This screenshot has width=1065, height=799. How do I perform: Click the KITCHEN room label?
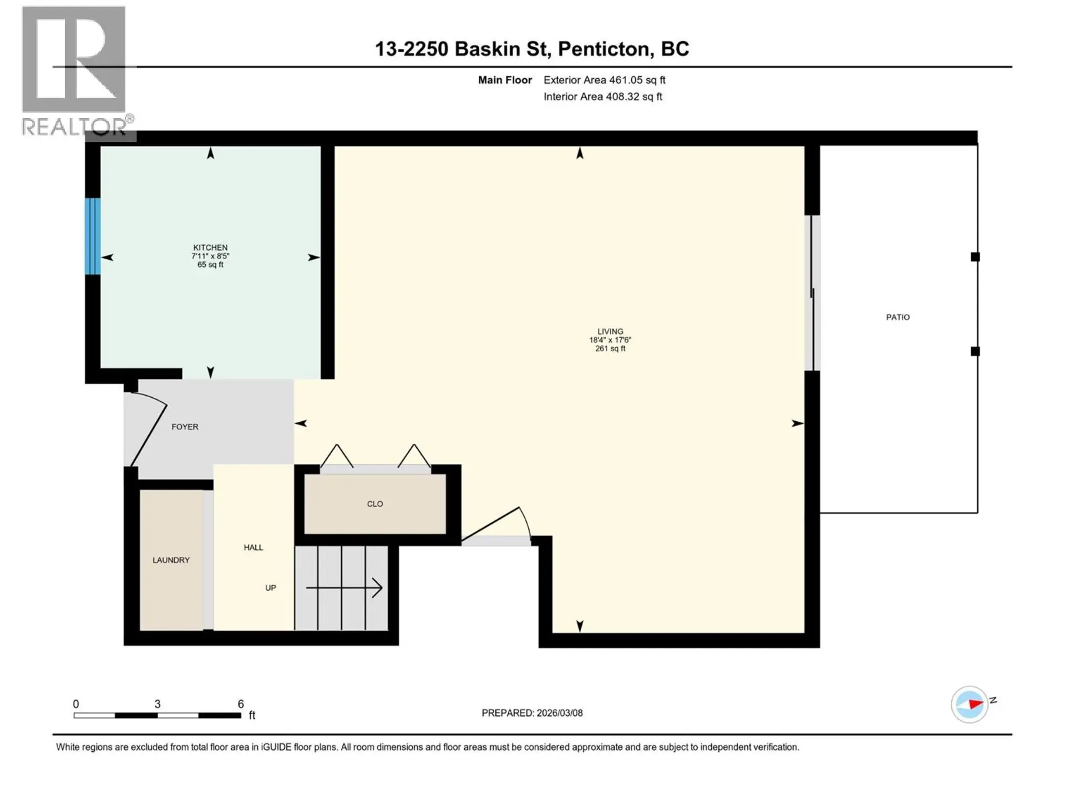210,248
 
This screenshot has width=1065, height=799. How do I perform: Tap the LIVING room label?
610,332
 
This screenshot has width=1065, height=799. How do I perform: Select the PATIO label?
897,317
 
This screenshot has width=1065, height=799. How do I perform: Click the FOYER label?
185,427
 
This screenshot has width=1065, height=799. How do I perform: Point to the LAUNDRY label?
171,560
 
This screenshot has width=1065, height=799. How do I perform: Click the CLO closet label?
375,504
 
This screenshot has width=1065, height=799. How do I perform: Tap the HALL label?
253,548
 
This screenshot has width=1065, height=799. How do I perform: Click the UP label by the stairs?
271,588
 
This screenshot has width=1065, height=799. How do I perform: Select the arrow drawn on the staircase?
344,588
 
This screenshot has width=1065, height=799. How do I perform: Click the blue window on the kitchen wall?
93,236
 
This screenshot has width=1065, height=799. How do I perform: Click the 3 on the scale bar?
158,704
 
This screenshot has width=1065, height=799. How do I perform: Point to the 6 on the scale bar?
241,704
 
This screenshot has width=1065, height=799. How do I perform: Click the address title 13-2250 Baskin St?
531,49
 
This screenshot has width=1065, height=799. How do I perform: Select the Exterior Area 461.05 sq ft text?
604,80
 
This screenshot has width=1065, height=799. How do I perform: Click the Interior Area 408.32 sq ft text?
602,97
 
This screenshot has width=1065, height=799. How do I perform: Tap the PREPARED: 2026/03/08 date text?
532,713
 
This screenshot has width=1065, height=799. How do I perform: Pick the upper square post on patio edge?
975,257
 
